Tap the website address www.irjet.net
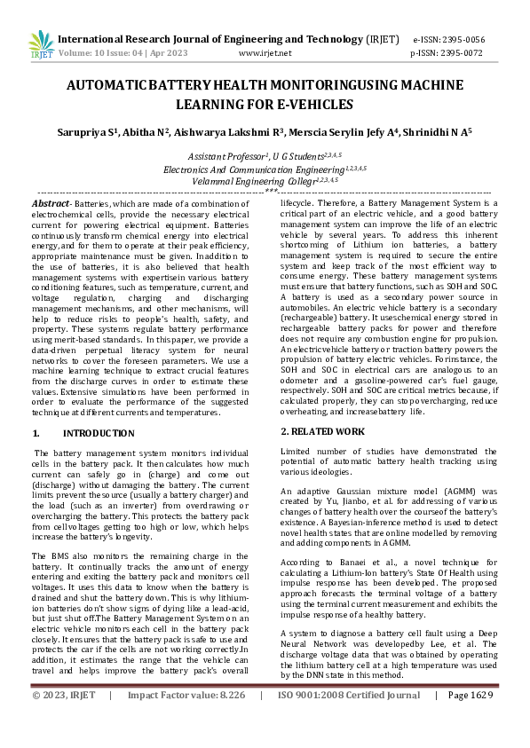pyautogui.click(x=265, y=53)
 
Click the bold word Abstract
pyautogui.click(x=50, y=203)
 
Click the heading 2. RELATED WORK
pyautogui.click(x=322, y=431)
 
